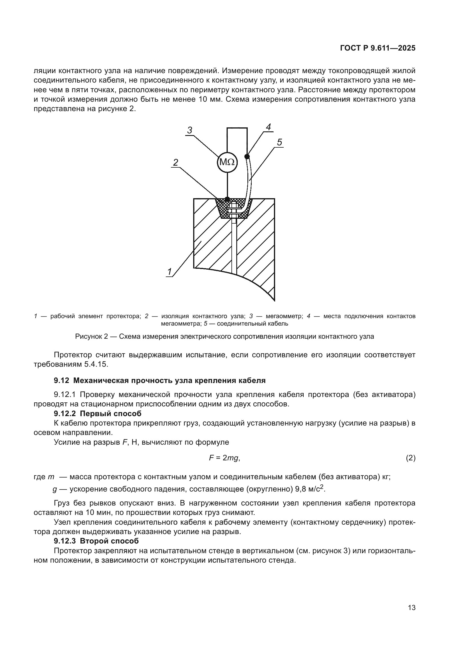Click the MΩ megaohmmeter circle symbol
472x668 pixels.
227,162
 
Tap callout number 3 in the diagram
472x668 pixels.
190,130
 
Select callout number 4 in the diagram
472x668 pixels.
268,127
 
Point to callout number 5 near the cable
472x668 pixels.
279,142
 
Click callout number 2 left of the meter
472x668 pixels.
176,162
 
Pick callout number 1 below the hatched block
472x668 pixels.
169,272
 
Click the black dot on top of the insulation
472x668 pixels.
227,199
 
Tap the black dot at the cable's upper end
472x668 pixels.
247,157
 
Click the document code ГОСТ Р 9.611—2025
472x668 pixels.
378,48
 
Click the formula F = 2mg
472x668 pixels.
224,458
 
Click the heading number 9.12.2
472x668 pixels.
65,414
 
